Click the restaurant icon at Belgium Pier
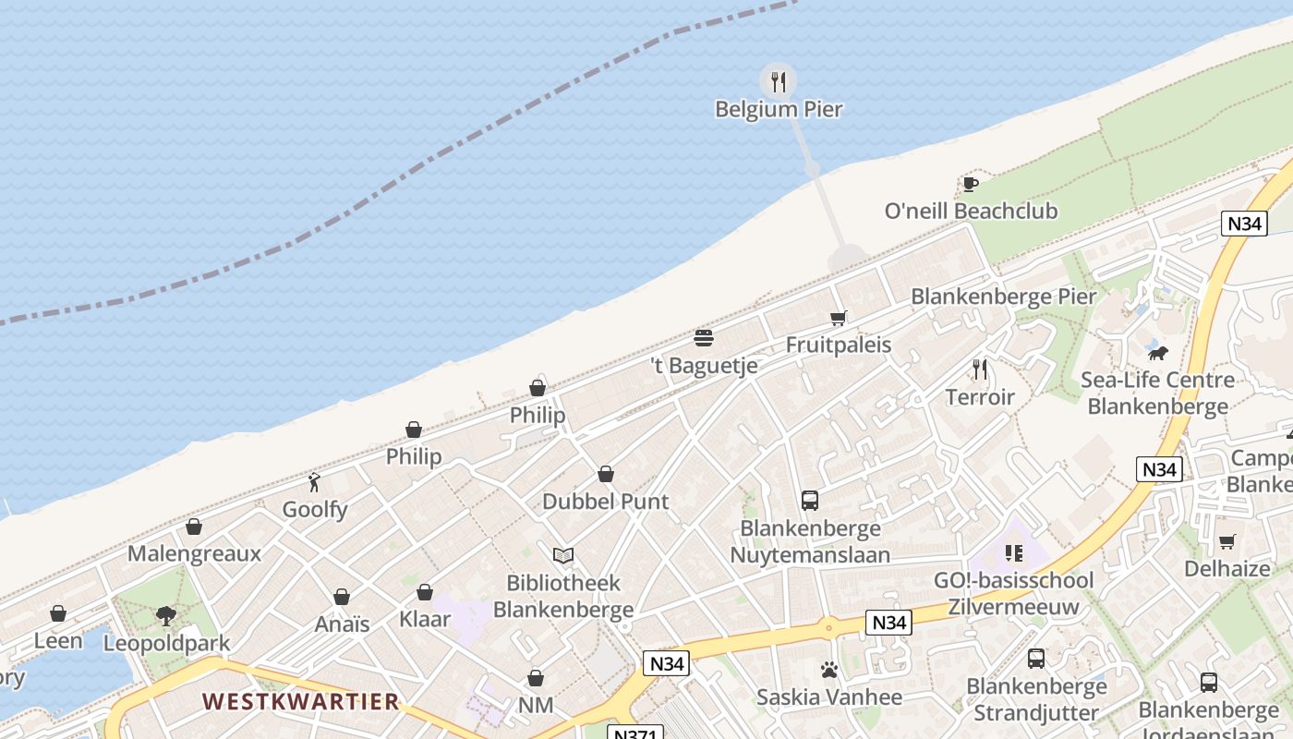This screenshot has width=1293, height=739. coord(779,82)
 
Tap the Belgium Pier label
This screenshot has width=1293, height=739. coord(779,109)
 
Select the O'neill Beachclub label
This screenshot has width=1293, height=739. coord(971,211)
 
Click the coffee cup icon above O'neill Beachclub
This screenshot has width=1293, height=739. coord(970,184)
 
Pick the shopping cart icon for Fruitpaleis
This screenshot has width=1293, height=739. coord(838,319)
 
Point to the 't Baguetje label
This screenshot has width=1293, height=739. coord(705,365)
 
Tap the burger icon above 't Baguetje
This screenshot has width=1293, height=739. coord(704,338)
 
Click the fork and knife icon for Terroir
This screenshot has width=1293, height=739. coord(980,369)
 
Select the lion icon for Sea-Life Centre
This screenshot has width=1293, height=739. coord(1157,353)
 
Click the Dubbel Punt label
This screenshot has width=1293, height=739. coord(605,502)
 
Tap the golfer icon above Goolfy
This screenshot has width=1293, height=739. coord(314,481)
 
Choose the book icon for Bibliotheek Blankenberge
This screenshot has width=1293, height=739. coord(563,555)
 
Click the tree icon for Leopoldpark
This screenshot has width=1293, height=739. coord(166,616)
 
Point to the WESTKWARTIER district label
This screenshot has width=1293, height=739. coord(301,702)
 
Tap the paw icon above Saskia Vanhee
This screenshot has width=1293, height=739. coord(828,670)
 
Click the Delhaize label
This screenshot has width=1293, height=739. coord(1227,568)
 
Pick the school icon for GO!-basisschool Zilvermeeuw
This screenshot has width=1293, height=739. coord(1014,553)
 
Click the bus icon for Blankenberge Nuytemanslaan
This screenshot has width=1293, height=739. coord(810,501)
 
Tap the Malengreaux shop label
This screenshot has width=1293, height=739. coord(194,553)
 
